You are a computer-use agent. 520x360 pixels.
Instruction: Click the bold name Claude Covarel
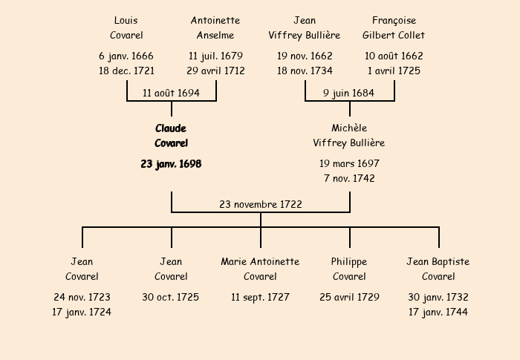171,136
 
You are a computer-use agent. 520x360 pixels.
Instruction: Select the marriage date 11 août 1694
171,93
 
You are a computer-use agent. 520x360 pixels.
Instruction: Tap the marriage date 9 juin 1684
349,93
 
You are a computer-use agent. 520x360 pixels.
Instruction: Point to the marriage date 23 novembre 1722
261,204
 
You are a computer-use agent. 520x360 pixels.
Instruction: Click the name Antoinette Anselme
215,27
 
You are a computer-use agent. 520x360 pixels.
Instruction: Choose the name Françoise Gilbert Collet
394,27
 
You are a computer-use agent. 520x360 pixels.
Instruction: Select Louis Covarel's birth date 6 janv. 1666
126,56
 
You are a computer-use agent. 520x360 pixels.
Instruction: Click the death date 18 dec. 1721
126,71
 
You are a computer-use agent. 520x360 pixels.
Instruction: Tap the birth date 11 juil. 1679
215,56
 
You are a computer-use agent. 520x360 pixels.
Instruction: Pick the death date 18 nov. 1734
305,71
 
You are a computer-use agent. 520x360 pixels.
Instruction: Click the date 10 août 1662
394,56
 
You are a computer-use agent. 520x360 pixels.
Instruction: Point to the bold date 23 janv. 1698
171,164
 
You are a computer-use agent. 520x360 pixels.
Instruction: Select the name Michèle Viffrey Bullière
349,136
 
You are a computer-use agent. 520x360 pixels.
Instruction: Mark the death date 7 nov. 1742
349,179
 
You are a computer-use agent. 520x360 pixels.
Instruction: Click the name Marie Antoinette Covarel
260,269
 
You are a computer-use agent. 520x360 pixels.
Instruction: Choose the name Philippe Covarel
349,269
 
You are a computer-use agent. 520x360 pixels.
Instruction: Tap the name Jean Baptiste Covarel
438,269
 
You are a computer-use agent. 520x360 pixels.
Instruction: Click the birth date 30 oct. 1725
171,297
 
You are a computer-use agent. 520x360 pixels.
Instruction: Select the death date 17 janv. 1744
438,312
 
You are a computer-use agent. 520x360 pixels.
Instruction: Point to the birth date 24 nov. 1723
82,297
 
